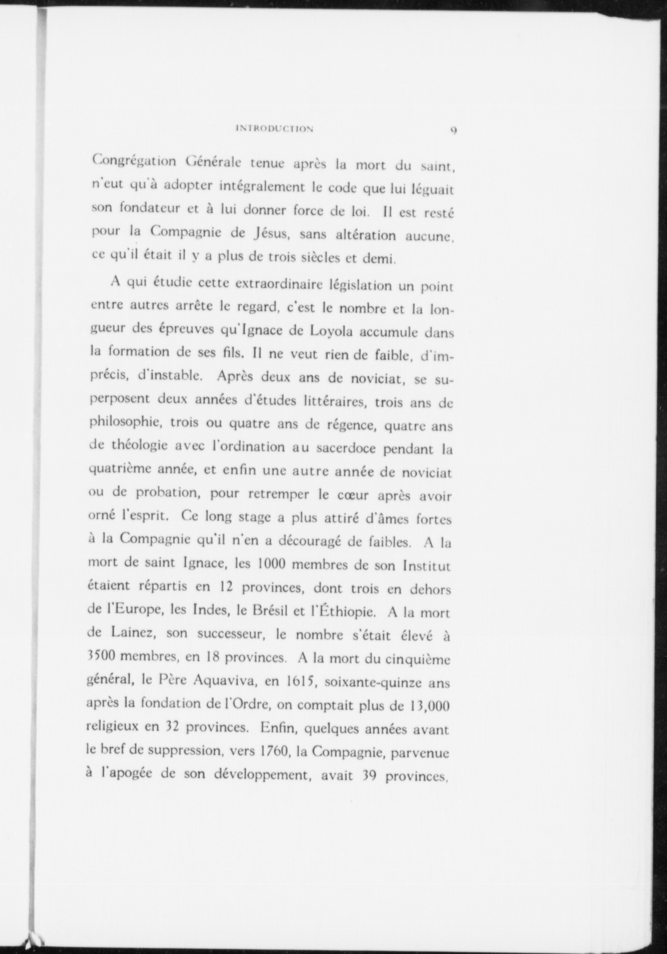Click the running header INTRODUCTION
click(274, 129)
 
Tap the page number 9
click(452, 130)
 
